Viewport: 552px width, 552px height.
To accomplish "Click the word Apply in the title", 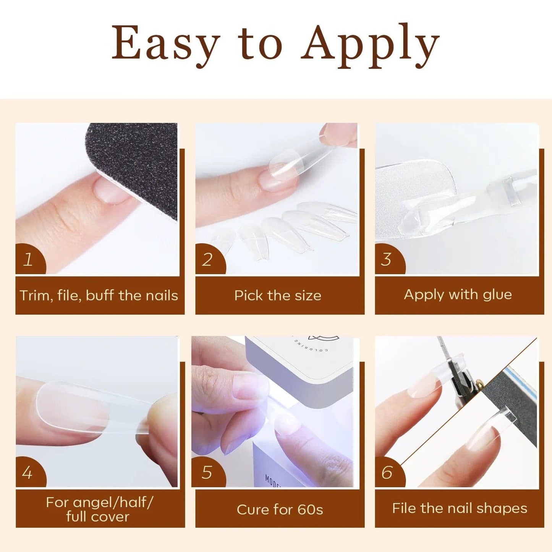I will (x=370, y=45).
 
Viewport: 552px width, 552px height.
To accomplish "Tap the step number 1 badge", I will (x=28, y=260).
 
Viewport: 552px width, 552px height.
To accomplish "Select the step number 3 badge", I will (x=387, y=260).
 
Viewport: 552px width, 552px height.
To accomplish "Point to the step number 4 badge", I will (x=28, y=473).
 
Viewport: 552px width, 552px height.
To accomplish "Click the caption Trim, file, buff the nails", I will (x=99, y=296).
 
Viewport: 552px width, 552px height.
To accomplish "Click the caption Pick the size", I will (x=278, y=296).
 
